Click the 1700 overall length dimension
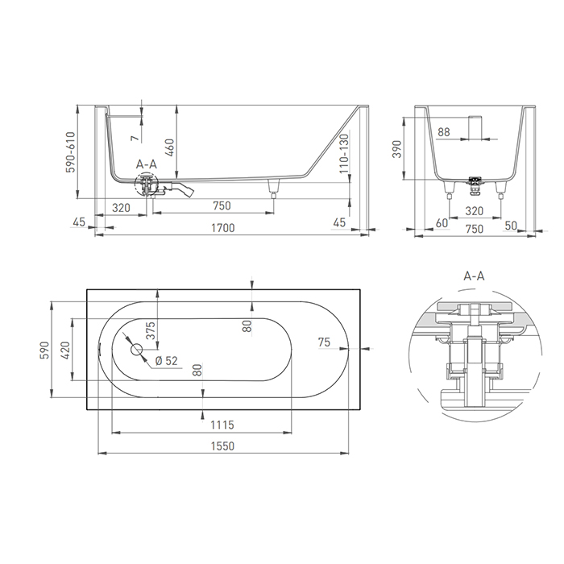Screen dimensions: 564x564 coord(223,228)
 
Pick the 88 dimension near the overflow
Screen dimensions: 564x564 coord(444,131)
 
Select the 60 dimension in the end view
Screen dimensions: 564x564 coord(442,222)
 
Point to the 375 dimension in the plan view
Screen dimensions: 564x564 coord(150,330)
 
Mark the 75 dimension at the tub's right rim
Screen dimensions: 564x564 coord(325,342)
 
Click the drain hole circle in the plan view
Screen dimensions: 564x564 coord(135,350)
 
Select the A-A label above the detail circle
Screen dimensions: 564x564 coord(474,276)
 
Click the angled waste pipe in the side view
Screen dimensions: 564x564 coord(185,192)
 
